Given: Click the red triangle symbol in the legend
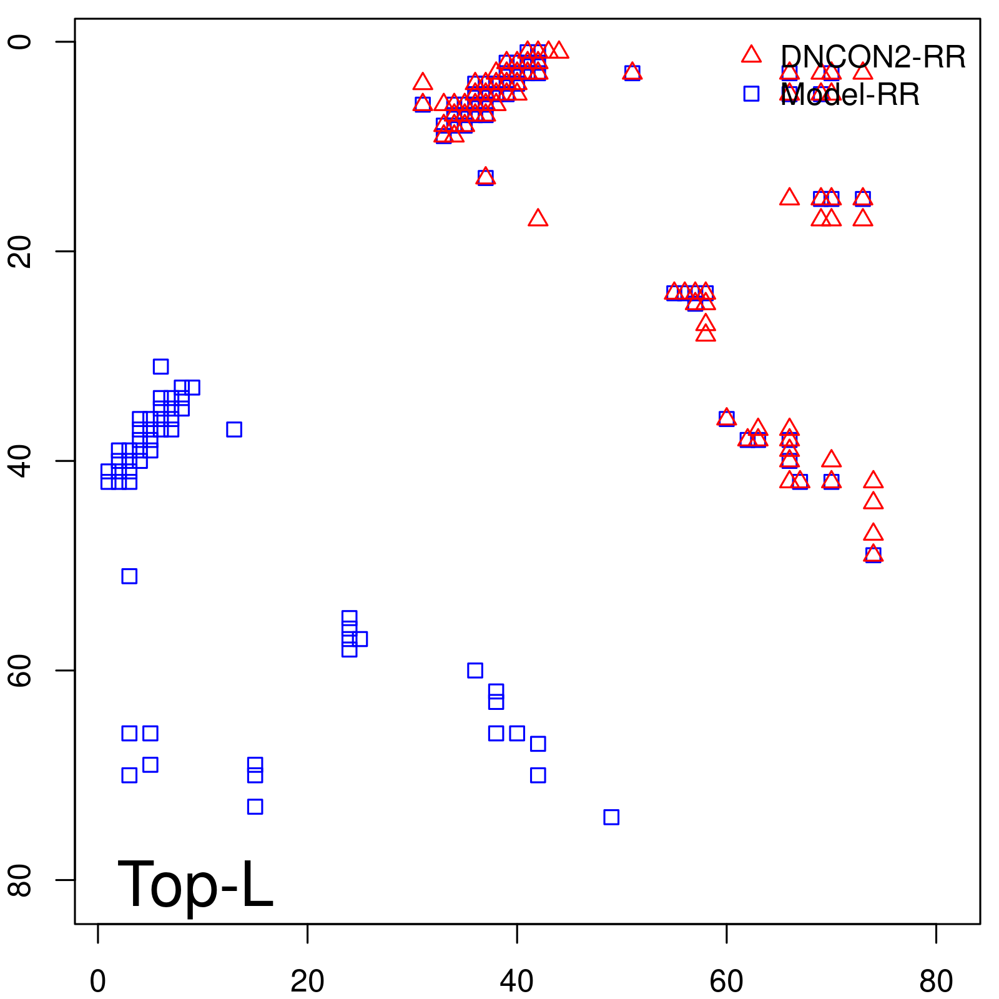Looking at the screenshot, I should (x=751, y=55).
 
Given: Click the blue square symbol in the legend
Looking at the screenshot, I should (x=751, y=94).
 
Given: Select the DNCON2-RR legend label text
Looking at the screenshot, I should (x=873, y=57).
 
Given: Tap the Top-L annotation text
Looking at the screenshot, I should (x=195, y=884).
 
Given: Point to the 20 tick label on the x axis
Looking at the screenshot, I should (x=307, y=982).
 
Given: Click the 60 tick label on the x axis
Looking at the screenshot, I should (x=726, y=982).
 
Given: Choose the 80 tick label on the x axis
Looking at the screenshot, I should (x=936, y=982).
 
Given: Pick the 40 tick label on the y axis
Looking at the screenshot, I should (x=21, y=461).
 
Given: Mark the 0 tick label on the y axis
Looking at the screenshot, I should (x=21, y=42).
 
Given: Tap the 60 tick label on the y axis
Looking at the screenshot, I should (x=21, y=670).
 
